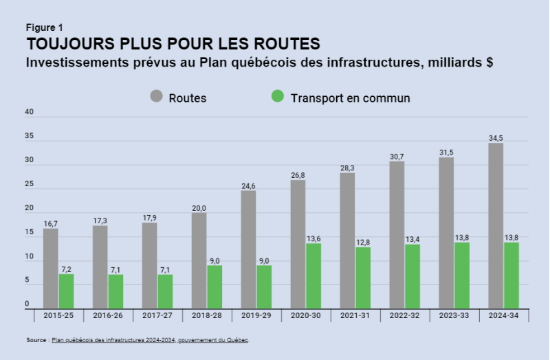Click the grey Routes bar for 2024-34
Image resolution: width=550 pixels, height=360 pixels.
point(496,226)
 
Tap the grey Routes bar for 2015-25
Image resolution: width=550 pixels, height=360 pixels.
point(51,269)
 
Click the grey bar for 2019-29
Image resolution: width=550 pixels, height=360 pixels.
point(248,250)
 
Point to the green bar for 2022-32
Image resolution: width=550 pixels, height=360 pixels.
point(412,277)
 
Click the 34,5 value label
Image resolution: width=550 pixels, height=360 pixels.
point(496,138)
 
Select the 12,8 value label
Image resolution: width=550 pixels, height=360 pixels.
point(363,242)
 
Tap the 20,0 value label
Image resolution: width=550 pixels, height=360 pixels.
point(199,207)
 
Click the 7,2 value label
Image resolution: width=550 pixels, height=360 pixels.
point(66,269)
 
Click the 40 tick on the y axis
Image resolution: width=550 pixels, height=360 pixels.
point(28,111)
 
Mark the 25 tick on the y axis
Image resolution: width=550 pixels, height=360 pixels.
point(28,184)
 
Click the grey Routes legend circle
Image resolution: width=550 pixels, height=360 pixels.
point(156,97)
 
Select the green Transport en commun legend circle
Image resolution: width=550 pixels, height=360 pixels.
point(278,97)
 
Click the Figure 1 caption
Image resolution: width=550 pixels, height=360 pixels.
point(45,27)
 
